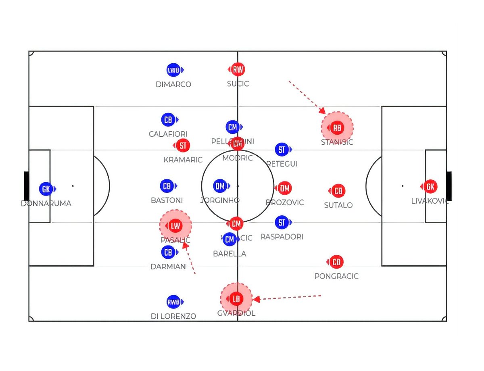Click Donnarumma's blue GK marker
pos(46,189)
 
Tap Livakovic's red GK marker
pos(430,186)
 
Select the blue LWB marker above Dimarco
pos(173,70)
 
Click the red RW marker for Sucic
pos(238,69)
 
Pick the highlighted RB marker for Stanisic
pos(337,128)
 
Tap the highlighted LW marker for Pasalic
pos(175,226)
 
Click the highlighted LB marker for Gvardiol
pos(236,299)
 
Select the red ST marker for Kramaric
pos(183,145)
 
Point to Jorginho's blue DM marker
pos(220,186)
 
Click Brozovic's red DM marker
pos(285,188)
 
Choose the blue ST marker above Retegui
pos(282,150)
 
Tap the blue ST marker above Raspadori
pos(282,222)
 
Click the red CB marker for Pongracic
pos(336,262)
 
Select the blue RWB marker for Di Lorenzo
pos(173,302)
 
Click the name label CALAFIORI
pos(168,134)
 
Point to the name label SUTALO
pos(338,205)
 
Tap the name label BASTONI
pos(167,200)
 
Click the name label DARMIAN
pos(168,267)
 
